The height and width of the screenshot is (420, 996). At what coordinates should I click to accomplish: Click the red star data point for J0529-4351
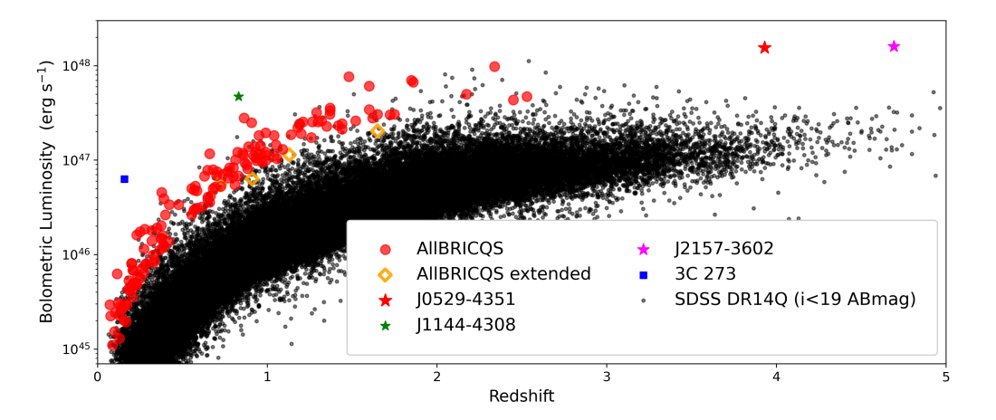(764, 47)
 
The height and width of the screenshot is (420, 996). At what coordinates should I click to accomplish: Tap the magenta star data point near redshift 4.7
(894, 46)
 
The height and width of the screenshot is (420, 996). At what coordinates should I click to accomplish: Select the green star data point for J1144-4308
(238, 96)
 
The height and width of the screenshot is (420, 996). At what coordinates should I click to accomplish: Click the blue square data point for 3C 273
(124, 179)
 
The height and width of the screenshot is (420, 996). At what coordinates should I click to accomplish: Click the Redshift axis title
(522, 397)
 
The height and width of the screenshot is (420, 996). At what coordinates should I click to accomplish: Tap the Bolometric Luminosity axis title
(45, 193)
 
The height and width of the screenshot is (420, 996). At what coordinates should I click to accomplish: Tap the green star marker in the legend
(385, 325)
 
